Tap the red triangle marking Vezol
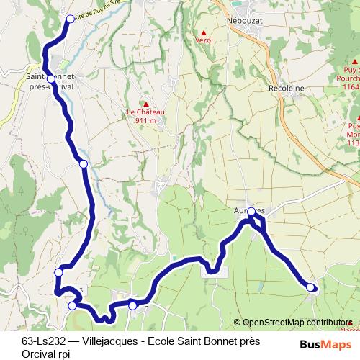204,33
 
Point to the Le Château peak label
145,112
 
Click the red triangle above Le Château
145,103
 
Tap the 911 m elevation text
145,121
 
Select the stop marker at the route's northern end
70,19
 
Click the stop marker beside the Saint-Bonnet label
51,78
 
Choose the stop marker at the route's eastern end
311,287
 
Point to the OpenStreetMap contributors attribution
295,323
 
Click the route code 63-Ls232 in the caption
43,341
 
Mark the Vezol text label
204,42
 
